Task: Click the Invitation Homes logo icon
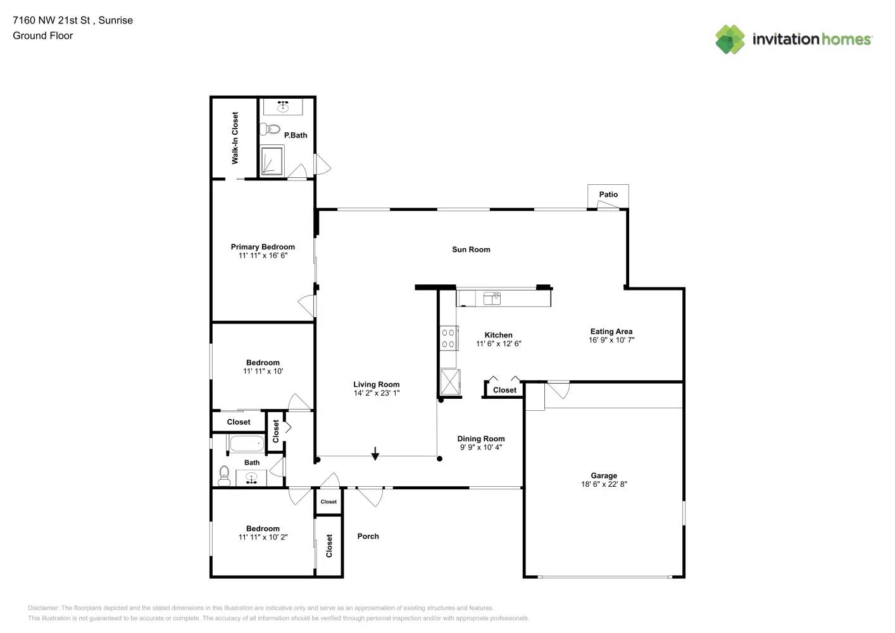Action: click(730, 39)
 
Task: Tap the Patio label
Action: click(608, 195)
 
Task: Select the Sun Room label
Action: click(471, 249)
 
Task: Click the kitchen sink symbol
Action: click(492, 298)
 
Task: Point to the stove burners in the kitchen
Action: click(448, 338)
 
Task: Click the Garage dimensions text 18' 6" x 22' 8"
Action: click(604, 484)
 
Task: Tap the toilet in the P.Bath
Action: click(272, 129)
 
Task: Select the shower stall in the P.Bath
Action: click(272, 161)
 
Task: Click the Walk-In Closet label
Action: click(235, 138)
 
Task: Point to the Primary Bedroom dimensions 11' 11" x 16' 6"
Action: click(263, 256)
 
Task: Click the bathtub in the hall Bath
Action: click(246, 443)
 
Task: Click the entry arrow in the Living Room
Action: click(375, 454)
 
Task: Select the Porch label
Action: click(368, 536)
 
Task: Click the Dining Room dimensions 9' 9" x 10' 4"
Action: click(481, 448)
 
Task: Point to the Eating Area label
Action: click(611, 331)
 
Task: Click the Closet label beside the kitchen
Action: click(504, 390)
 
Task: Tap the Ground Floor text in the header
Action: click(42, 36)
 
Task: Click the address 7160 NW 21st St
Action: click(51, 20)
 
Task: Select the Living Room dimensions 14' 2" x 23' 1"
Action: click(376, 393)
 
